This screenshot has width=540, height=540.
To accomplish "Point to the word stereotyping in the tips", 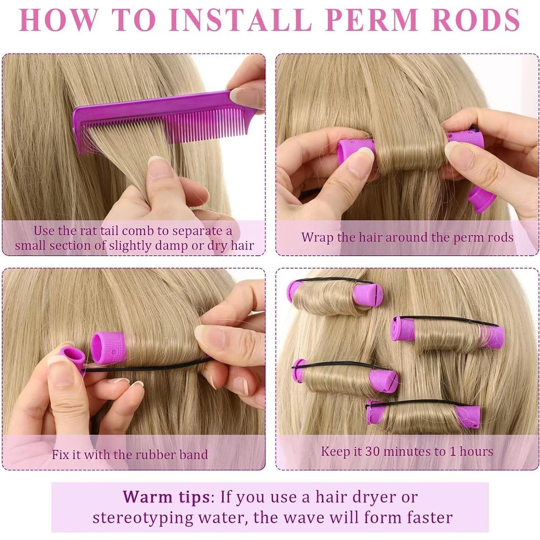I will point(142,518).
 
